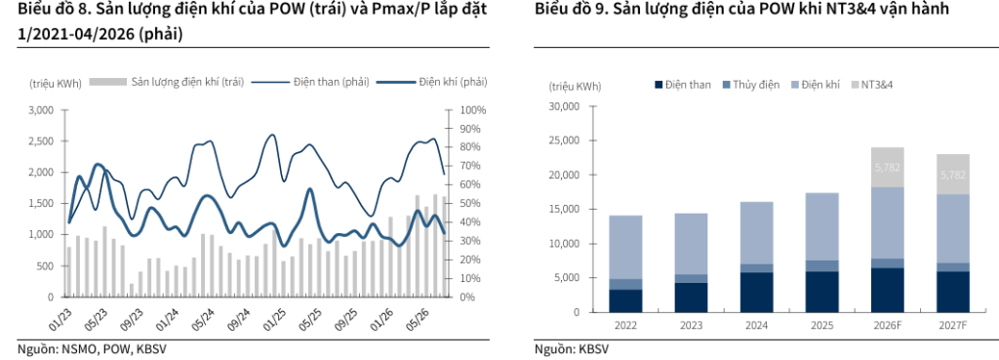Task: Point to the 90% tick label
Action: pyautogui.click(x=473, y=129)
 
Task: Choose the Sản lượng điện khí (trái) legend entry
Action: pyautogui.click(x=166, y=82)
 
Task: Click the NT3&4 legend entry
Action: pyautogui.click(x=871, y=84)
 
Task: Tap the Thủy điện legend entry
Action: pyautogui.click(x=750, y=84)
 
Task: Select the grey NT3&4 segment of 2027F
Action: pyautogui.click(x=952, y=174)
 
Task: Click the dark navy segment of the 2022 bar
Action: pyautogui.click(x=625, y=300)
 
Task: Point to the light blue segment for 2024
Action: pyautogui.click(x=756, y=232)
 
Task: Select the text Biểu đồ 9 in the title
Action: pyautogui.click(x=567, y=10)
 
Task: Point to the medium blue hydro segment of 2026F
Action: pyautogui.click(x=887, y=263)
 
